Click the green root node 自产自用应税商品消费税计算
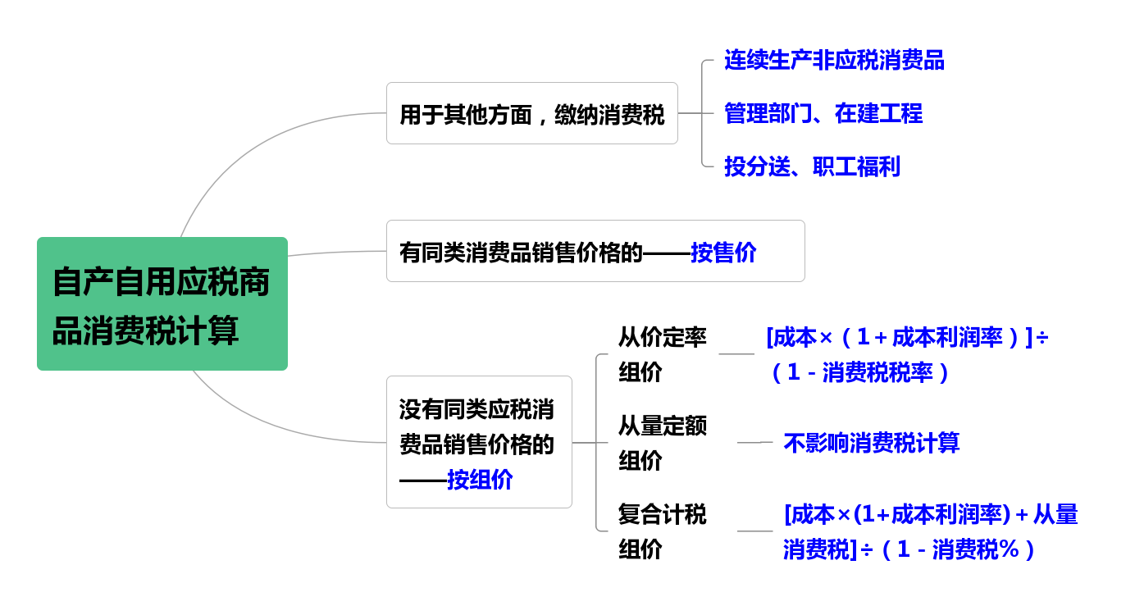point(162,303)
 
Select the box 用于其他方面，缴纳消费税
point(531,113)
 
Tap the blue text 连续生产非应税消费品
point(834,60)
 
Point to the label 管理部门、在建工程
point(823,113)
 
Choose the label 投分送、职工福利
point(812,166)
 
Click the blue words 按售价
point(723,252)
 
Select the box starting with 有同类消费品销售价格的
point(595,251)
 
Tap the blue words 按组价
point(480,479)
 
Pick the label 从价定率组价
point(662,354)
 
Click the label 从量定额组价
point(662,443)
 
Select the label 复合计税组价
point(662,531)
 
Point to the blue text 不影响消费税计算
point(871,443)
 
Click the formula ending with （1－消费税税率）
point(906,354)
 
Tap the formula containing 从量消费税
point(930,531)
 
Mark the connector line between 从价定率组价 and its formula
point(736,354)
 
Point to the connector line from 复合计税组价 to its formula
point(754,531)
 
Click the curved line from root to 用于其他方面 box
point(246,148)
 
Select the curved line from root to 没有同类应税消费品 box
point(262,425)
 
